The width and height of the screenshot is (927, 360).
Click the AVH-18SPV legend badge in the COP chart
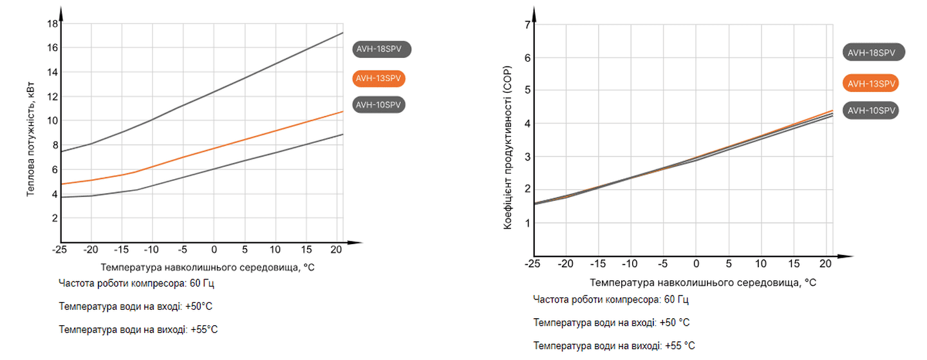coord(874,53)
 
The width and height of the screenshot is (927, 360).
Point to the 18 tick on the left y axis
coord(53,24)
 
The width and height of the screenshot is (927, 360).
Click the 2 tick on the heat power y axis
coord(55,218)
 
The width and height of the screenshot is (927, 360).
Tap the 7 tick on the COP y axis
coord(527,24)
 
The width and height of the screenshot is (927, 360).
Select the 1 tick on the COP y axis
coord(527,223)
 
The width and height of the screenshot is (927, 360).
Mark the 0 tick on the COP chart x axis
coord(696,264)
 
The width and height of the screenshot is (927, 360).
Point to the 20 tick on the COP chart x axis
coord(827,264)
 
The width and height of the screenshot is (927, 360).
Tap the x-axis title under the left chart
coord(207,267)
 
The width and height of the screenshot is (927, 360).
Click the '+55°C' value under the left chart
coord(204,330)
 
